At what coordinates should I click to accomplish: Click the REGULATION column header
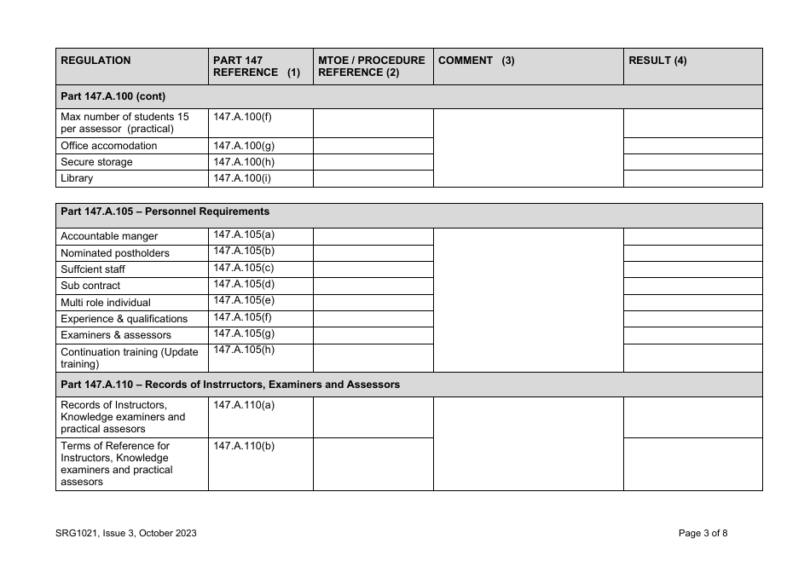pyautogui.click(x=95, y=61)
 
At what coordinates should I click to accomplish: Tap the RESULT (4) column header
pyautogui.click(x=657, y=61)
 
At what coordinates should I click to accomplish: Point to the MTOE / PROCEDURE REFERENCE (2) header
pyautogui.click(x=371, y=67)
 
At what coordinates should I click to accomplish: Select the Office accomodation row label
pyautogui.click(x=109, y=146)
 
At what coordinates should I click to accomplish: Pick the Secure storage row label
pyautogui.click(x=96, y=162)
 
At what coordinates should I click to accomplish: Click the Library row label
pyautogui.click(x=77, y=178)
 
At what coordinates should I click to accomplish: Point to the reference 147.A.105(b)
pyautogui.click(x=244, y=251)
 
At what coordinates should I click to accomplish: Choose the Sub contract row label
pyautogui.click(x=90, y=286)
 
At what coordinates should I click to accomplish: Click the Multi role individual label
pyautogui.click(x=106, y=302)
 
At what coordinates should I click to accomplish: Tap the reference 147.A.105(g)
pyautogui.click(x=244, y=333)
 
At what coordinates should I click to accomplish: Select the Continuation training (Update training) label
pyautogui.click(x=129, y=357)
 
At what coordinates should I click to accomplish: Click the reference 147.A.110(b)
pyautogui.click(x=244, y=446)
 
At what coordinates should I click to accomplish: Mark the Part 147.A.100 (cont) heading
pyautogui.click(x=113, y=96)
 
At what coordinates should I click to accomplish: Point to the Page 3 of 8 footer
pyautogui.click(x=703, y=534)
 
